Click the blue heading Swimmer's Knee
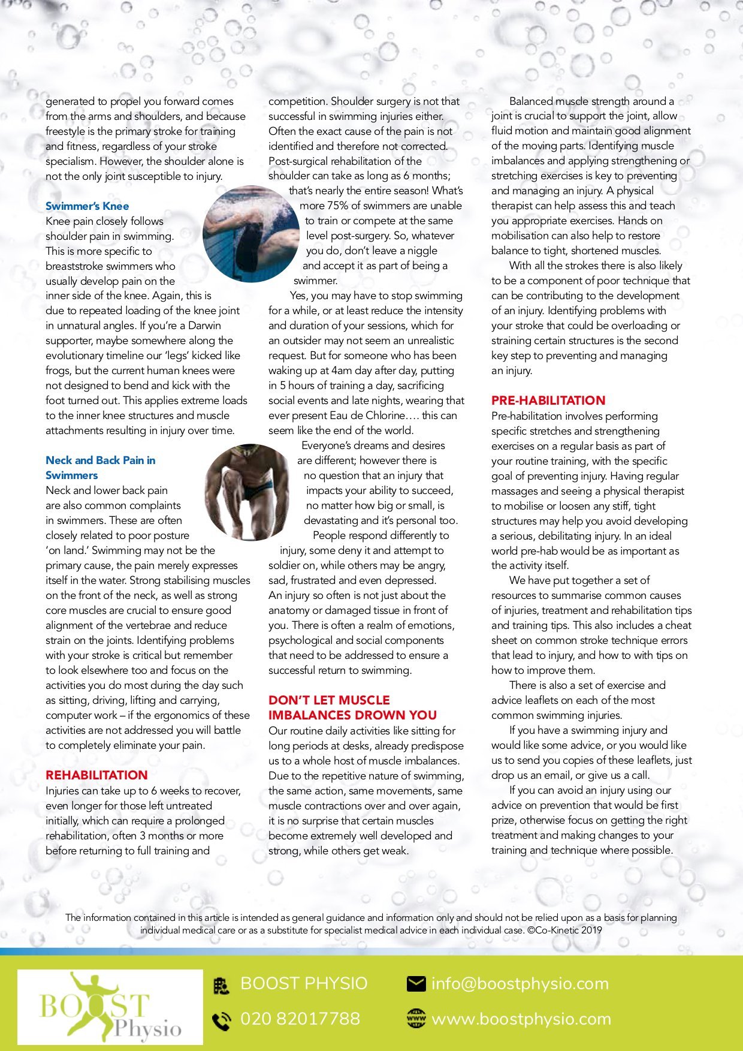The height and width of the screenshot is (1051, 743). point(87,206)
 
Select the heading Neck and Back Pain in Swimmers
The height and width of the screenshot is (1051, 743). point(100,468)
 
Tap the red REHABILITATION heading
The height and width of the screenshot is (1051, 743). point(96,775)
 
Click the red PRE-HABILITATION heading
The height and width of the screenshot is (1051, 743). point(548,400)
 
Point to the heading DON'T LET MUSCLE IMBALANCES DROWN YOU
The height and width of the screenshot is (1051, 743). point(352,707)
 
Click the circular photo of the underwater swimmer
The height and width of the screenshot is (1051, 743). point(251,234)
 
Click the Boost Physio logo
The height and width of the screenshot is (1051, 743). point(110,1007)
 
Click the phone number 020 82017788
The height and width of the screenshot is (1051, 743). point(300,1019)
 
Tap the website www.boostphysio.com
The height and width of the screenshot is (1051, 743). point(521,1019)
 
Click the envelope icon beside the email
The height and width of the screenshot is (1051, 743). point(416,984)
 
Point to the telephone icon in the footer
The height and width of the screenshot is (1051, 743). point(222,1020)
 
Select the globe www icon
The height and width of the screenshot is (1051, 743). point(416,1019)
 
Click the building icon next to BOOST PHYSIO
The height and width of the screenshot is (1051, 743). point(221,985)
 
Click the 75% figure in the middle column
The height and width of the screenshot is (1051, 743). point(339,206)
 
